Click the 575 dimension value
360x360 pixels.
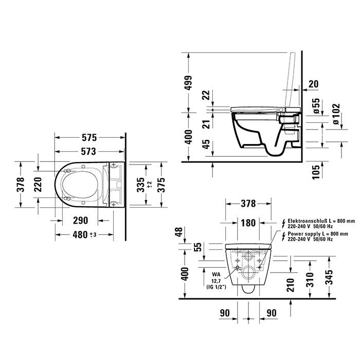point(89,138)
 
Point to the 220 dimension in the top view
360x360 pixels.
point(38,184)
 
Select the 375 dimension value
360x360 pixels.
point(162,184)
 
